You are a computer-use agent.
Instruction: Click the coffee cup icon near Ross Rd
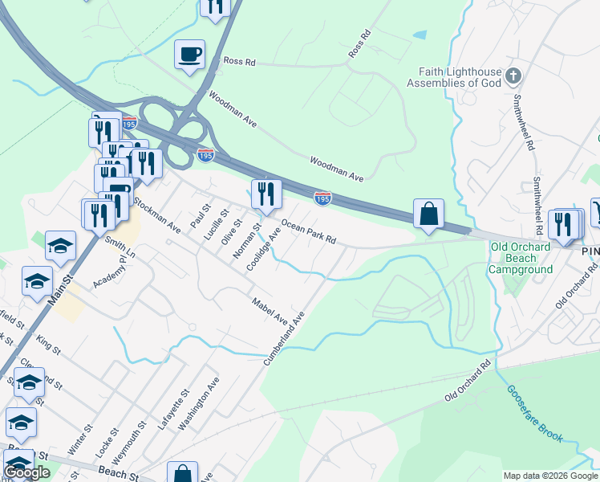(189, 55)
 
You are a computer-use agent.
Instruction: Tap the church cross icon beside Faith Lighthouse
(513, 77)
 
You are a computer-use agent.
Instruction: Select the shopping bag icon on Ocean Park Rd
(429, 214)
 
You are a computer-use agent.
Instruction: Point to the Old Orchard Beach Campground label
(521, 258)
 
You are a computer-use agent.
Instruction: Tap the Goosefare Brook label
(534, 414)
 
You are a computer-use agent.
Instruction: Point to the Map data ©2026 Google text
(550, 476)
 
